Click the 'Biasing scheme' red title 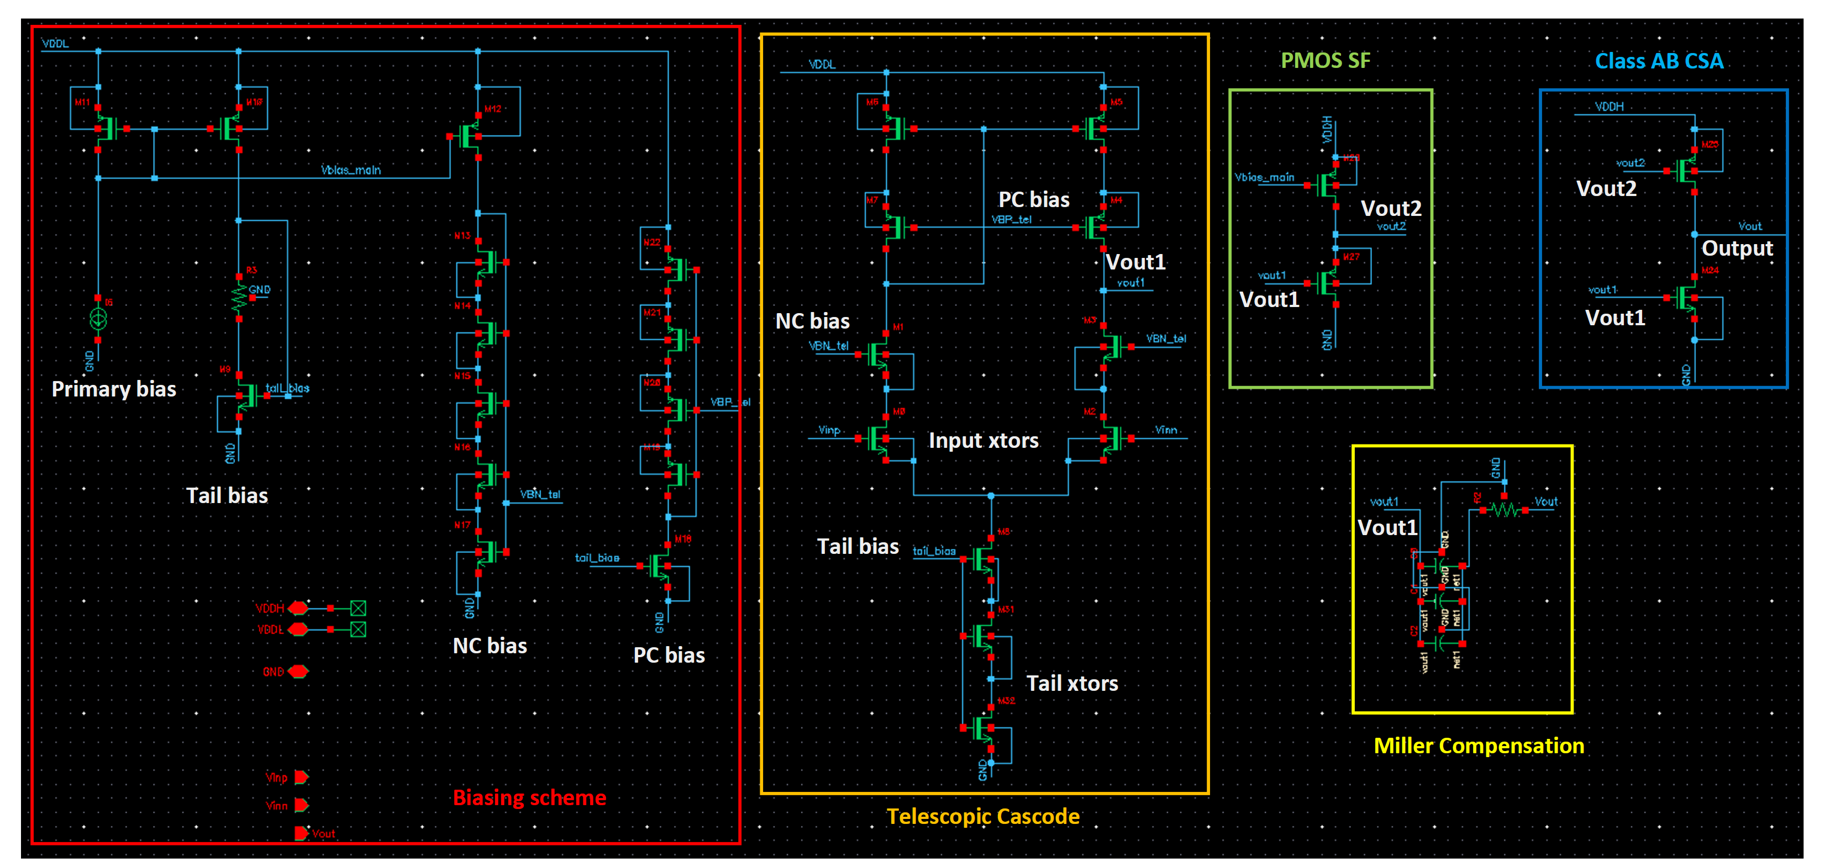click(x=529, y=797)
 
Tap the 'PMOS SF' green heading click(x=1325, y=60)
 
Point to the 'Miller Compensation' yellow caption click(x=1479, y=746)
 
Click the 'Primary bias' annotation click(x=114, y=389)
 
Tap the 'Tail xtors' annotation click(x=1072, y=683)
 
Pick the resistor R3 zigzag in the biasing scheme click(x=239, y=298)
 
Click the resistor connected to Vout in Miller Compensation click(x=1503, y=509)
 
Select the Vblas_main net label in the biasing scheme click(x=351, y=170)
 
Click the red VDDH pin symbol click(x=298, y=608)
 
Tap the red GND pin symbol click(x=298, y=671)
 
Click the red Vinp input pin click(x=301, y=777)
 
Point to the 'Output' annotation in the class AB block click(x=1737, y=248)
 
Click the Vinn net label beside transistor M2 click(x=1166, y=430)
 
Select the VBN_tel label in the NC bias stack click(x=540, y=494)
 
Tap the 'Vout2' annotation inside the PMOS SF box click(x=1391, y=208)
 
